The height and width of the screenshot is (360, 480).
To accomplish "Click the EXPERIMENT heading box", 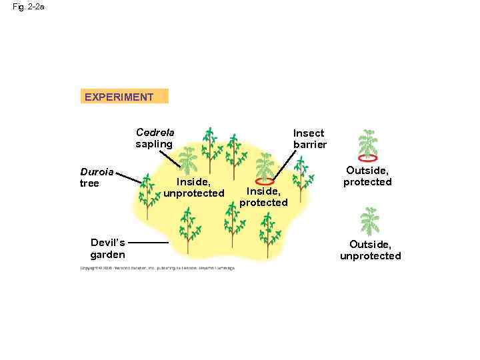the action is [124, 97].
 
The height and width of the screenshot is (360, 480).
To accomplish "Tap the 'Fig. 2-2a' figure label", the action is [29, 7].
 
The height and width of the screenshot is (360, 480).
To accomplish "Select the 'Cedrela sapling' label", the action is [155, 138].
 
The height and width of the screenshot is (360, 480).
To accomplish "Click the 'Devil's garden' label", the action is [107, 248].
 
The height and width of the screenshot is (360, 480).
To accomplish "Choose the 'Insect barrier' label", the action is [309, 139].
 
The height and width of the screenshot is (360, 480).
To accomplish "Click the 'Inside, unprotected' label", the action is [194, 187].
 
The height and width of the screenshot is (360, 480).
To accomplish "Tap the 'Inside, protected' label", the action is [263, 197].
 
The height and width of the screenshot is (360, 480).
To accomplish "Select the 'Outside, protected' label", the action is [367, 177].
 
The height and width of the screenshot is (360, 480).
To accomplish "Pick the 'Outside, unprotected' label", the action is [370, 250].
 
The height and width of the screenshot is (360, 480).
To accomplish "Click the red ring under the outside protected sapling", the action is [367, 159].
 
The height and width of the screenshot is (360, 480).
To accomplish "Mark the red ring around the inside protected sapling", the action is [265, 180].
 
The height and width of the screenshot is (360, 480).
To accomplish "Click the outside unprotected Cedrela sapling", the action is [369, 221].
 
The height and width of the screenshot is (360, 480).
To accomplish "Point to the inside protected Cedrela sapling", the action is [265, 166].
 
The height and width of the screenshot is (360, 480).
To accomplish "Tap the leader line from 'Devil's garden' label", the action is [149, 243].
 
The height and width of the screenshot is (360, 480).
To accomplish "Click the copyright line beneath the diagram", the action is [157, 268].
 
